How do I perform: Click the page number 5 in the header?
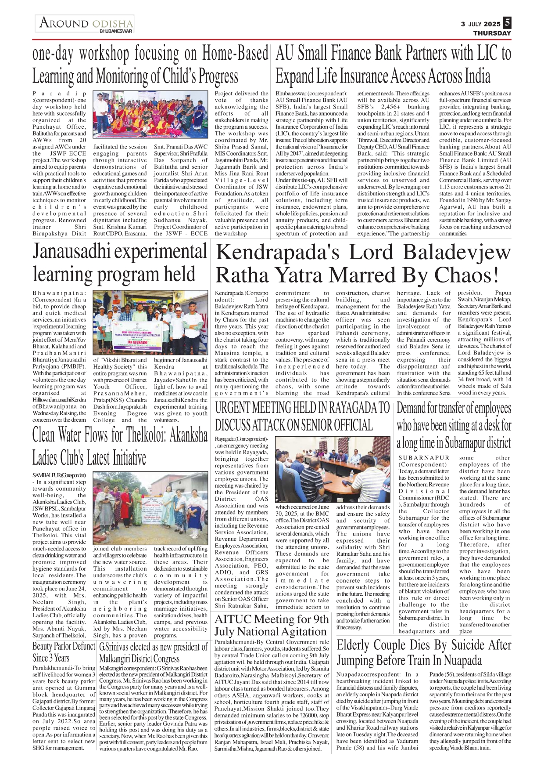pyautogui.click(x=507, y=22)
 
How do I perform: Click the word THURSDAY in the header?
pyautogui.click(x=492, y=33)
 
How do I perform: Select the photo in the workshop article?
pyautogui.click(x=150, y=115)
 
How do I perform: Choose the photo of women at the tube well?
pyautogui.click(x=150, y=509)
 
